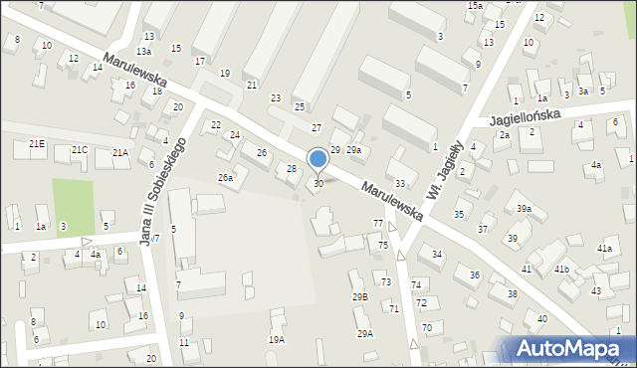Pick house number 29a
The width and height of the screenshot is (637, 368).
click(352, 149)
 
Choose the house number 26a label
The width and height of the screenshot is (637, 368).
click(226, 178)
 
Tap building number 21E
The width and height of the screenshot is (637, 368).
click(37, 144)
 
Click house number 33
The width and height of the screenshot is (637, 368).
click(400, 183)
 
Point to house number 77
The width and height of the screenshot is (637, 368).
click(378, 223)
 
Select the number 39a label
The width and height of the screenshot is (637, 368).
click(524, 209)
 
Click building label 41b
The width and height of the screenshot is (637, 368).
click(561, 270)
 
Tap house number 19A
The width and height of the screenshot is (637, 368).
click(276, 339)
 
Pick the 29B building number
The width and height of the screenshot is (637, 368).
click(359, 296)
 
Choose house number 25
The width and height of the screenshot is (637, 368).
click(299, 106)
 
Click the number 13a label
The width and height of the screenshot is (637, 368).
click(144, 51)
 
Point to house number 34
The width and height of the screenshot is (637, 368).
click(437, 256)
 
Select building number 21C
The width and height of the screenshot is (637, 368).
click(80, 150)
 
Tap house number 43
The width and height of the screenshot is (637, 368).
click(595, 290)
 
